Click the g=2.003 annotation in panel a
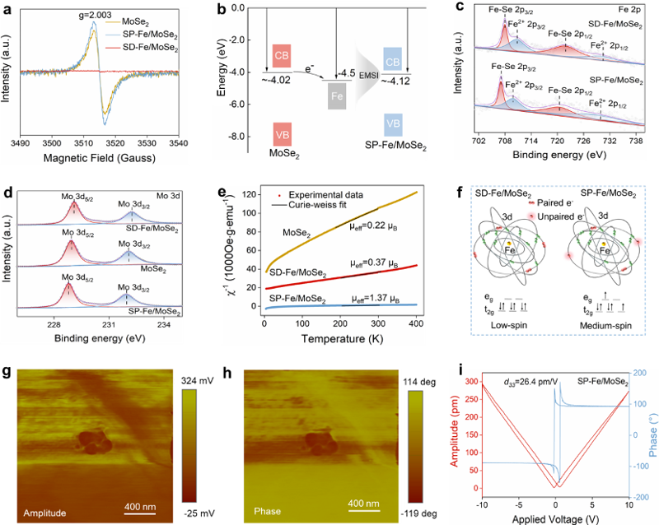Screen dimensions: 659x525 pyautogui.click(x=96, y=16)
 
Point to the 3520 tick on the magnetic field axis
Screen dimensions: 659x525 pyautogui.click(x=115, y=143)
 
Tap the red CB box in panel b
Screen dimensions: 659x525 pyautogui.click(x=282, y=55)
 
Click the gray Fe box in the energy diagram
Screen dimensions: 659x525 pyautogui.click(x=337, y=96)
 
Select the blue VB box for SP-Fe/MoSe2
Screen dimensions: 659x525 pyautogui.click(x=393, y=123)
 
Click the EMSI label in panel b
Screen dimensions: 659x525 pyautogui.click(x=368, y=76)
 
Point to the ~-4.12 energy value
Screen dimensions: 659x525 pyautogui.click(x=395, y=81)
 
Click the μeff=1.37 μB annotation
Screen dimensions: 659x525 pyautogui.click(x=376, y=299)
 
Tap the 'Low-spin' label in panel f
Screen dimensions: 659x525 pyautogui.click(x=508, y=325)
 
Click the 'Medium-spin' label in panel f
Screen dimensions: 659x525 pyautogui.click(x=605, y=326)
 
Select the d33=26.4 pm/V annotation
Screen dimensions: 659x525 pyautogui.click(x=530, y=382)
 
